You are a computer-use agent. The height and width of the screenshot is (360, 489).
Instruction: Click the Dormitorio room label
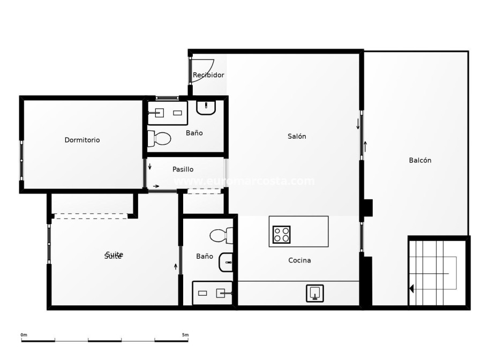(82, 140)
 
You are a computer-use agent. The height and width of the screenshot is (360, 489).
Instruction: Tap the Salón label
(297, 137)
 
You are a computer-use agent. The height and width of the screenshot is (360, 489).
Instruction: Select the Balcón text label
(420, 160)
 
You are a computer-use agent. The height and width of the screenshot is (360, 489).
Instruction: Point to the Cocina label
(299, 260)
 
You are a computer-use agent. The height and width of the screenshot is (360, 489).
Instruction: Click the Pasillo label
(183, 169)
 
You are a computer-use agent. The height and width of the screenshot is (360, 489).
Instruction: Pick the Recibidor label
(208, 75)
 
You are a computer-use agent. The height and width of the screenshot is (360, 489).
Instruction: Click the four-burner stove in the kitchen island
(281, 235)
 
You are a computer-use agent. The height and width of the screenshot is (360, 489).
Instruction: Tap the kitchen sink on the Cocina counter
(315, 293)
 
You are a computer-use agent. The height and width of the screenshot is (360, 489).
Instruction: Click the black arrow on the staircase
(411, 289)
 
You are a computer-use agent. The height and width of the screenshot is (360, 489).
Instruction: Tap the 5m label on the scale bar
(185, 335)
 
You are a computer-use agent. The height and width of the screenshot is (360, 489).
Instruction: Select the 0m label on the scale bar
(24, 335)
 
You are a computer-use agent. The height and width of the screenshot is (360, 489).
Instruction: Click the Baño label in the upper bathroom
(194, 133)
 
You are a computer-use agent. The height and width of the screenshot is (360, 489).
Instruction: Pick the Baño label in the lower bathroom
(205, 257)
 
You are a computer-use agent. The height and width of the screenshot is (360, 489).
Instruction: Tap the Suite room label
(114, 256)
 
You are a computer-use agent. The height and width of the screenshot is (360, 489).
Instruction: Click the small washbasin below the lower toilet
(227, 262)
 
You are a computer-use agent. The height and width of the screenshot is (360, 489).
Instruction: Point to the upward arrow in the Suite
(176, 266)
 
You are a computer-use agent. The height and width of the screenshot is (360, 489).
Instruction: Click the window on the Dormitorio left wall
(21, 160)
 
